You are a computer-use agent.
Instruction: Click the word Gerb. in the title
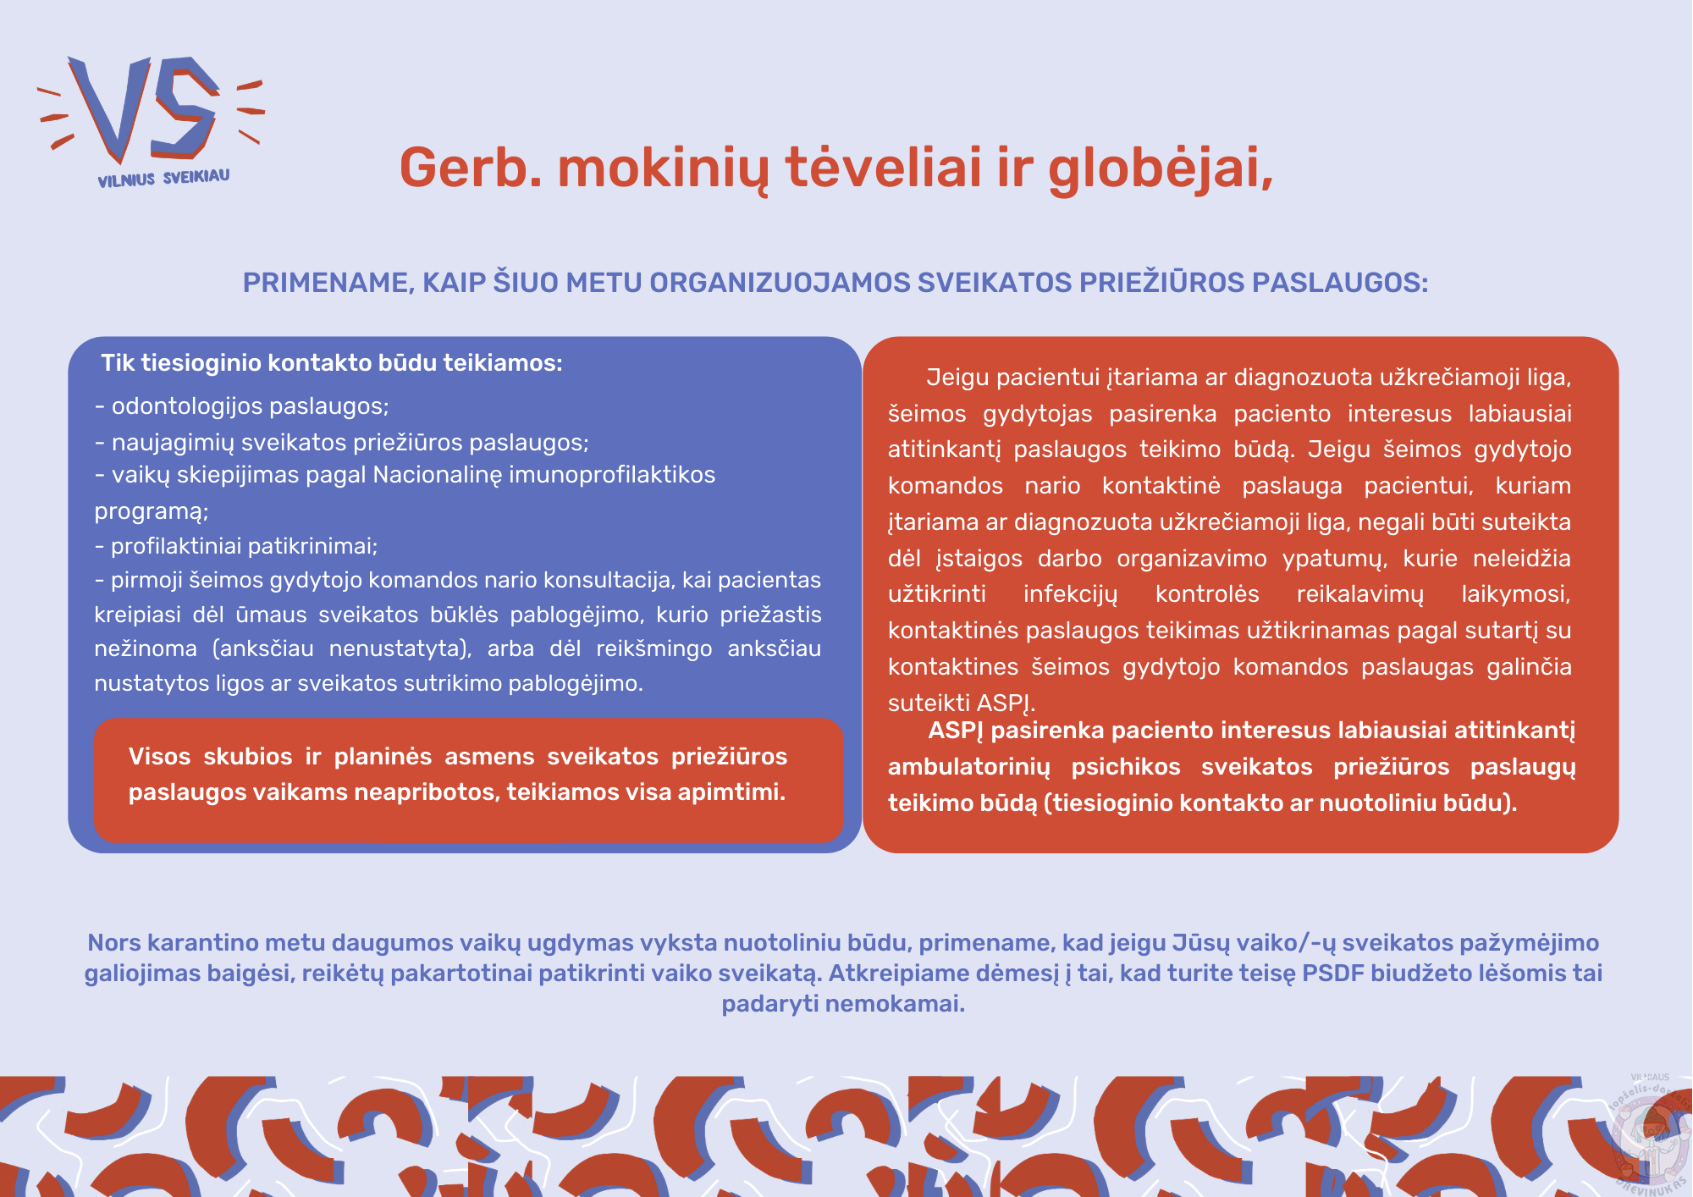[471, 168]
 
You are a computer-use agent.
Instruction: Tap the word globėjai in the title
[1161, 169]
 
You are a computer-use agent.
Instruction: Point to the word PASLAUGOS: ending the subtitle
[1340, 283]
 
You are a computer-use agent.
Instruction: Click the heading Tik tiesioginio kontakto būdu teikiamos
[332, 363]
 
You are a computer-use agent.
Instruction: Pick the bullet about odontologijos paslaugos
[242, 406]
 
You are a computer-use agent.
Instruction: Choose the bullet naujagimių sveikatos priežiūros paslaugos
[342, 443]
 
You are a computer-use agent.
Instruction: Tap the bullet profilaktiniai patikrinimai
[236, 546]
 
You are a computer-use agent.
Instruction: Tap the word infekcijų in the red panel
[1070, 594]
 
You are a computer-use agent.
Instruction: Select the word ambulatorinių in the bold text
[969, 767]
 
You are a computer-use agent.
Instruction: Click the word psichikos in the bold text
[1126, 767]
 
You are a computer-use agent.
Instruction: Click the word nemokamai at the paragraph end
[895, 1004]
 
